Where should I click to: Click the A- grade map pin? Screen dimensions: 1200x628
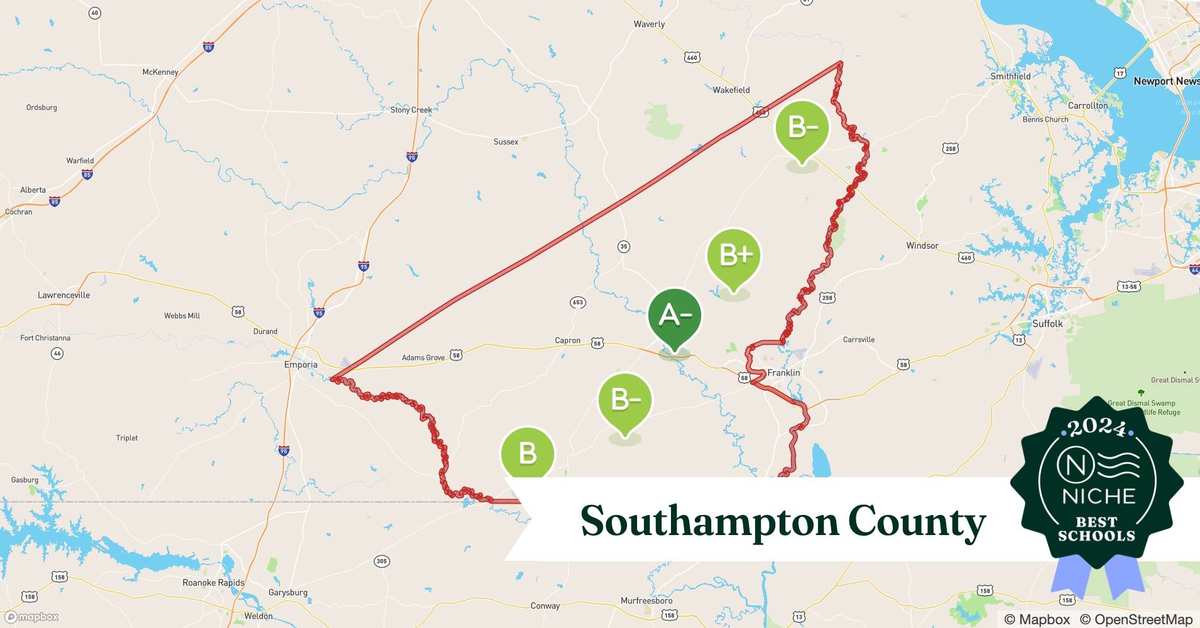674,315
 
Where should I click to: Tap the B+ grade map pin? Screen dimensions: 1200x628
733,256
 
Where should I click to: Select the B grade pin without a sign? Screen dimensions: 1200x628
527,453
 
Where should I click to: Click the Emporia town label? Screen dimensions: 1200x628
300,365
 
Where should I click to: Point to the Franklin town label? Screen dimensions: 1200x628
783,373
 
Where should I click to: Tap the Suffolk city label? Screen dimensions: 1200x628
1047,324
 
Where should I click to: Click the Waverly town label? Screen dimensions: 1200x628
649,24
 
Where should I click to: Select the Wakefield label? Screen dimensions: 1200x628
731,90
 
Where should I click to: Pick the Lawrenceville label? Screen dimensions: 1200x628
63,295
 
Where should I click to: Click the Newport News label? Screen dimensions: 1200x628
1165,82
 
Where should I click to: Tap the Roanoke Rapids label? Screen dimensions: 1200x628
213,583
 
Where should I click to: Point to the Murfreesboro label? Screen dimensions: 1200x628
646,601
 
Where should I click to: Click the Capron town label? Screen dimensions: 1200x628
567,341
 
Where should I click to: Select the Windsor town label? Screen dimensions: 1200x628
922,246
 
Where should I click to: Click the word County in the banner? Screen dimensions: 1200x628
917,522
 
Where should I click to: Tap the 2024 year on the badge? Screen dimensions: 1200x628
1096,428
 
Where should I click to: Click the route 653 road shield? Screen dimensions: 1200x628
577,303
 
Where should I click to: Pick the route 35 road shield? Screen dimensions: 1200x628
623,247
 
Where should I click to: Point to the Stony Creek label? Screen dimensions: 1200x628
411,110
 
